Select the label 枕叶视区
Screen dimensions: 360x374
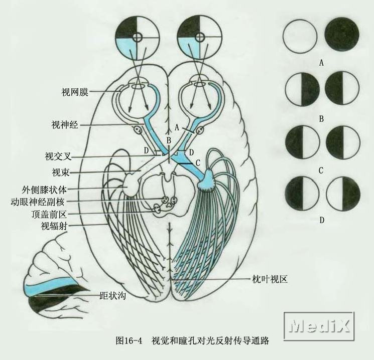[x=270, y=279]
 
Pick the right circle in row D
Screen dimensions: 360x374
[x=343, y=195]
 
